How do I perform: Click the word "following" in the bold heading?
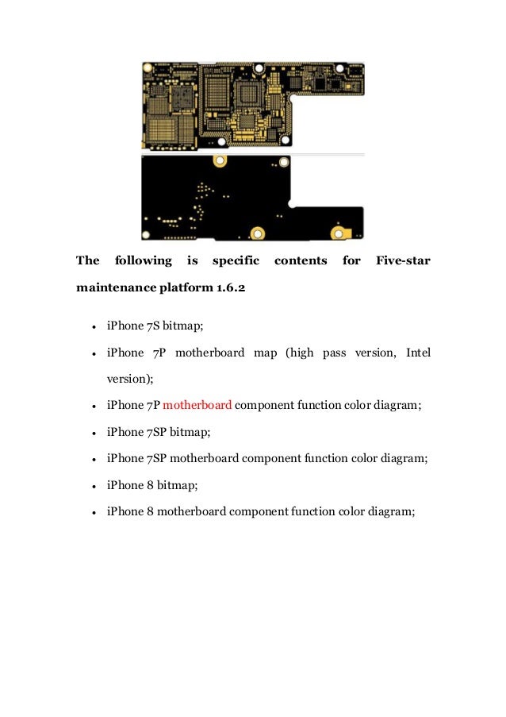pyautogui.click(x=143, y=260)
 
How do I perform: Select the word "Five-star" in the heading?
pyautogui.click(x=402, y=260)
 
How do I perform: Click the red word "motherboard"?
pyautogui.click(x=197, y=405)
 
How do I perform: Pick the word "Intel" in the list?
pyautogui.click(x=418, y=353)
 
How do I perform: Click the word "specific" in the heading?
pyautogui.click(x=236, y=260)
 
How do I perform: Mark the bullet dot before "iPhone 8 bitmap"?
pyautogui.click(x=94, y=486)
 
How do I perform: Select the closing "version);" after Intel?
pyautogui.click(x=129, y=379)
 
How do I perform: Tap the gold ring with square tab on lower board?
pyautogui.click(x=342, y=233)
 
